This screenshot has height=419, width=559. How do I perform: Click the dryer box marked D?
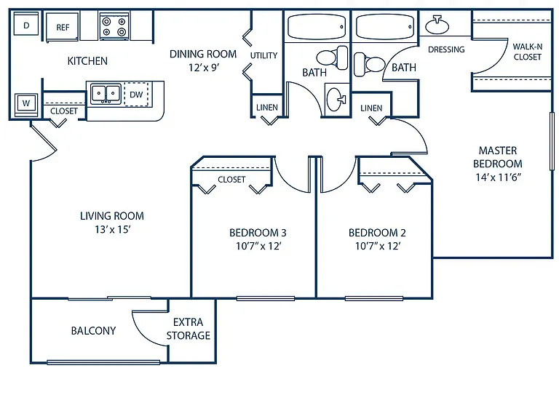[26, 24]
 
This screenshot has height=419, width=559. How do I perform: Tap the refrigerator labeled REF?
[62, 28]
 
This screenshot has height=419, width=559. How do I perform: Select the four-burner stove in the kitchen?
[114, 27]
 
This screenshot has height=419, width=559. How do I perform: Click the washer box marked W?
[26, 104]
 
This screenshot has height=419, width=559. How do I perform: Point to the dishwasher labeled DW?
[136, 95]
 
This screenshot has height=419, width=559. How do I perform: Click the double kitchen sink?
[106, 94]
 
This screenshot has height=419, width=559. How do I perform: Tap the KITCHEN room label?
[87, 61]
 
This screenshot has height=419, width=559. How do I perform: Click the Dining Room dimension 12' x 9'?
[204, 68]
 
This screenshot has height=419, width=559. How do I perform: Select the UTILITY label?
[263, 55]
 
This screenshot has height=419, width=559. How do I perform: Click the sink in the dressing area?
[437, 25]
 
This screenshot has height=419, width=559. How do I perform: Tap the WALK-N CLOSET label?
[527, 52]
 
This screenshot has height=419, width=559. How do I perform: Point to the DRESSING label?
[446, 49]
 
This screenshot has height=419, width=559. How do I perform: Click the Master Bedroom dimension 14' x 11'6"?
[498, 177]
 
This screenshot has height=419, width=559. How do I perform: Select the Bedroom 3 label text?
[258, 233]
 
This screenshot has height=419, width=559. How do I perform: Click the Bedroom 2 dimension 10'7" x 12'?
[378, 246]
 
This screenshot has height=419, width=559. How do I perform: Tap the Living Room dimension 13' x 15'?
[112, 229]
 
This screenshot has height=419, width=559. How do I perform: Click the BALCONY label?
[93, 331]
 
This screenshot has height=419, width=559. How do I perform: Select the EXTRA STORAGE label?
[189, 329]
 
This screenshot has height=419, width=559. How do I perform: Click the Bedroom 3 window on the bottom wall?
[266, 298]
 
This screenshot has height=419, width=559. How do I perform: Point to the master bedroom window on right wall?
[552, 141]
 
